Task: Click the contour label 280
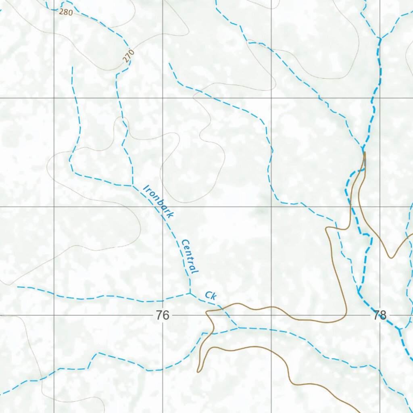pos(66,12)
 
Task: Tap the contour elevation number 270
pos(127,56)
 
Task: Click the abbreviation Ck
pos(211,296)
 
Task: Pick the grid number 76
pos(163,315)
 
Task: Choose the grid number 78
pos(380,315)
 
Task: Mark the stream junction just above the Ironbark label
pos(133,186)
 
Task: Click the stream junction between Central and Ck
pos(190,293)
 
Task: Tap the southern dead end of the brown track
pos(198,371)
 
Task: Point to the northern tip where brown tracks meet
pos(365,152)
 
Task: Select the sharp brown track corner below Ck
pos(206,312)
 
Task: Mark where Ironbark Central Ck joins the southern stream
pos(238,327)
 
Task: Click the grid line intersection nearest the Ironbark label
pos(163,206)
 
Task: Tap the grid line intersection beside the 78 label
pos(380,315)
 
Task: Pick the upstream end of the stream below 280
pos(73,67)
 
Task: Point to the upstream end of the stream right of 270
pos(169,63)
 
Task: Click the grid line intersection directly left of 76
pos(54,315)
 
